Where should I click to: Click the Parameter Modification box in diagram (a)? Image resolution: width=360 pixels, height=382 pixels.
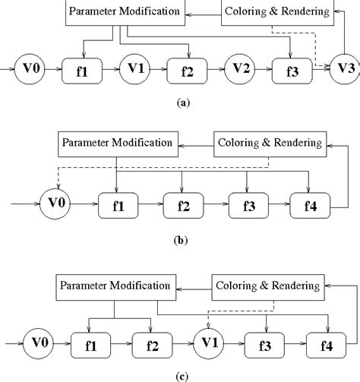click(x=123, y=12)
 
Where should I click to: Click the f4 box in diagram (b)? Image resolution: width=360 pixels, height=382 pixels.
click(x=311, y=204)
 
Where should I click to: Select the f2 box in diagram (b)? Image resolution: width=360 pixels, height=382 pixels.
click(x=182, y=204)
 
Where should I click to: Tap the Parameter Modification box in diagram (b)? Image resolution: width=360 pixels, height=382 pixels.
click(x=116, y=143)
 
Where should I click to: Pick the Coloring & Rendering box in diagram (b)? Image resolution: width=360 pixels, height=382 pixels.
click(x=269, y=143)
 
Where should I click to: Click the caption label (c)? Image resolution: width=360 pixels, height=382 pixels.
click(x=181, y=374)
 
